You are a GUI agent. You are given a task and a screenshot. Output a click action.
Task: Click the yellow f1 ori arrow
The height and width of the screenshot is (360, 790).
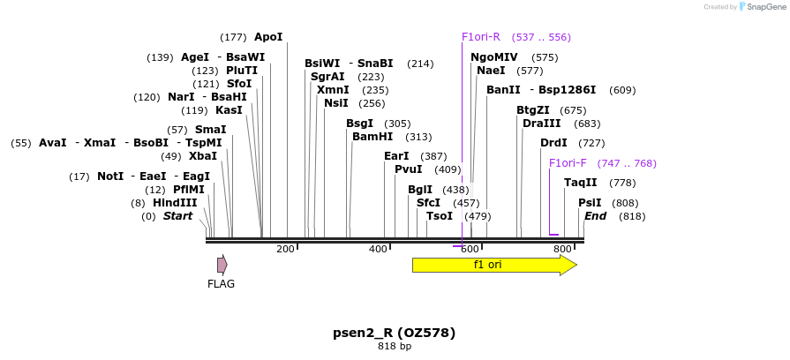(493, 266)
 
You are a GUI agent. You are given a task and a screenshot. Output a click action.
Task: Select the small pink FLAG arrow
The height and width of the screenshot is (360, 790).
(222, 265)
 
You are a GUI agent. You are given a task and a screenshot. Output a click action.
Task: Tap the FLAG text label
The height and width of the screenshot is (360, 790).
(221, 284)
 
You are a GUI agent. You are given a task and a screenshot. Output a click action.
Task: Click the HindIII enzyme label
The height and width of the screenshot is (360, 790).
(175, 202)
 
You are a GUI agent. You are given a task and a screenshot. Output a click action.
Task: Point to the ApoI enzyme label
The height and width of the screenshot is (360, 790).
(268, 37)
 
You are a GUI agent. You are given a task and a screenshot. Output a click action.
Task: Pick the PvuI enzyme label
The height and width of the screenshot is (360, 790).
(409, 169)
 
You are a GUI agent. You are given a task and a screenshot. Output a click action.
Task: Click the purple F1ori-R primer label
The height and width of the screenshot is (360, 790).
(481, 37)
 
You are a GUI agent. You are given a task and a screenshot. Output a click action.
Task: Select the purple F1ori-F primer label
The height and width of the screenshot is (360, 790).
(568, 163)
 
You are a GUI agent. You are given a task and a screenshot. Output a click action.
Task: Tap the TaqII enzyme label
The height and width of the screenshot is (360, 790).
(581, 183)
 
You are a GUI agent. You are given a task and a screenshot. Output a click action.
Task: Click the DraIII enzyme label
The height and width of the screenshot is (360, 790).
(541, 124)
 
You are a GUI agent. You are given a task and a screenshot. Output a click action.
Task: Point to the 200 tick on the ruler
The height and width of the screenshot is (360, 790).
(286, 250)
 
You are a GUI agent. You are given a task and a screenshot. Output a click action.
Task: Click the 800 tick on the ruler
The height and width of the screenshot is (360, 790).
(563, 250)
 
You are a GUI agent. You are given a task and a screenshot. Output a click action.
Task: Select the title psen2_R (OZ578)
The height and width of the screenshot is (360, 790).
(394, 333)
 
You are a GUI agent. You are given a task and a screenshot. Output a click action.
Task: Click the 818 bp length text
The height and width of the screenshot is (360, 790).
(394, 346)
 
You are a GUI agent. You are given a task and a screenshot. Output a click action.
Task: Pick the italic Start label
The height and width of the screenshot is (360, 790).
(177, 216)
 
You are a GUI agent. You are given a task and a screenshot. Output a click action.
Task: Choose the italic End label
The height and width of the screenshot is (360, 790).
(596, 216)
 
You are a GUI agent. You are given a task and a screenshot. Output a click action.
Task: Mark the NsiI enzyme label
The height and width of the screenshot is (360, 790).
(336, 103)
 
